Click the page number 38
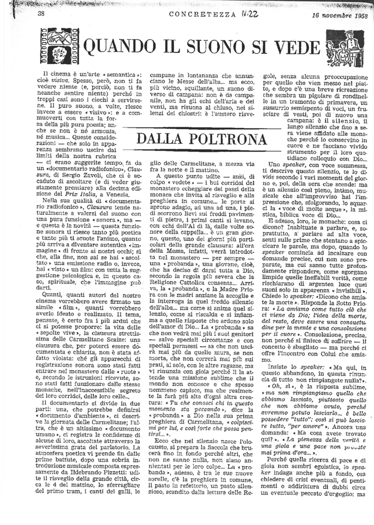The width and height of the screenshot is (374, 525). click(x=41, y=13)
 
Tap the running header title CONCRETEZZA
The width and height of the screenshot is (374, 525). click(x=200, y=14)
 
